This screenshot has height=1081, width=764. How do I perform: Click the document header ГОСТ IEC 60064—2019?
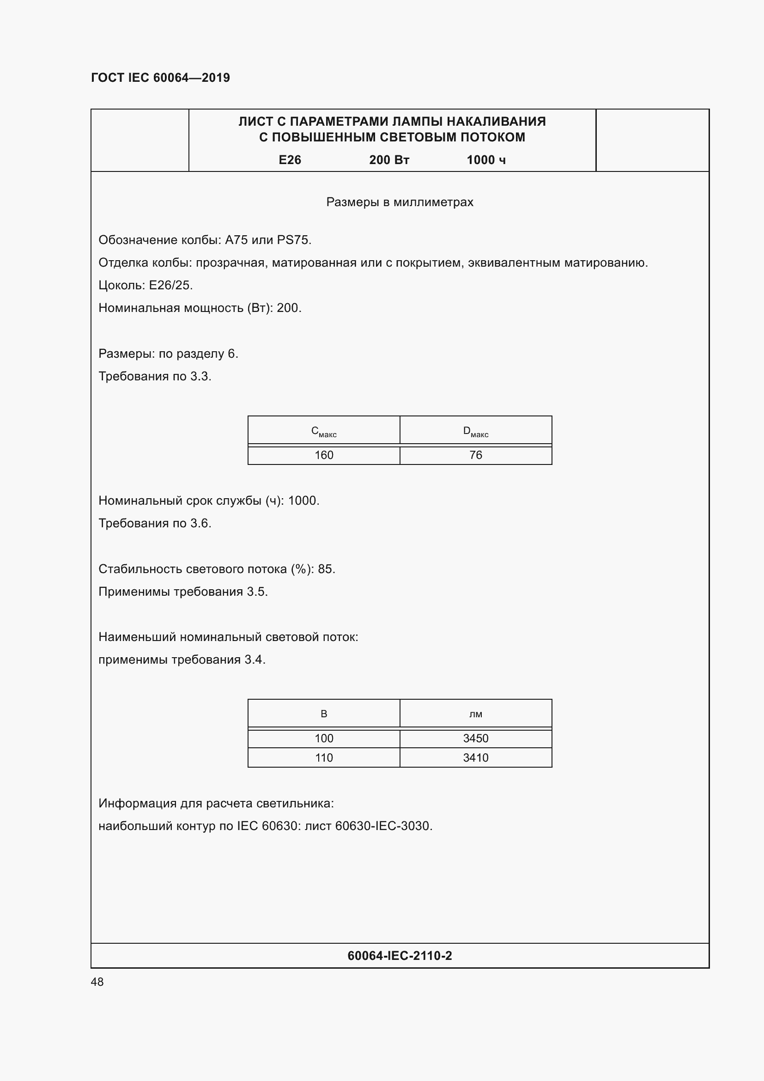pos(160,78)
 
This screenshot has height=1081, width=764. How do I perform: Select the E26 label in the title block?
pos(290,160)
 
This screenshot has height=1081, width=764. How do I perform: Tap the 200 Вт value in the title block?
pos(389,160)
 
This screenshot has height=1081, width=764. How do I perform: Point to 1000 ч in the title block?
pos(486,160)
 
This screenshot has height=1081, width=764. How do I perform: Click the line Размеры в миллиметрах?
pos(400,202)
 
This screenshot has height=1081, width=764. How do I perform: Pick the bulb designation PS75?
pos(294,240)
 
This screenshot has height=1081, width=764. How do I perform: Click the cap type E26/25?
pos(170,285)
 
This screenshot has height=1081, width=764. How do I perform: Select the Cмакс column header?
pos(324,431)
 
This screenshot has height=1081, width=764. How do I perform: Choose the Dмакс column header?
pos(476,431)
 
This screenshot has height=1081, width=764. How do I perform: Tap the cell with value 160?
pos(324,455)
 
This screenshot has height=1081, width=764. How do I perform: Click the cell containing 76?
pos(476,455)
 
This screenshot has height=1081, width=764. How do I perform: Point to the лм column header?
pos(476,714)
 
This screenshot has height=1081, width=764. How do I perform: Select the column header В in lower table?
pos(324,714)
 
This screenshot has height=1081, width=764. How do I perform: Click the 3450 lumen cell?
pos(476,738)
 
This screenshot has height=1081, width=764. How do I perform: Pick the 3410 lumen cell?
pos(476,757)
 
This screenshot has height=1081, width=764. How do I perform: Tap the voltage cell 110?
pos(324,757)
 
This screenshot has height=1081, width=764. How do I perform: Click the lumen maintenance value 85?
pos(325,569)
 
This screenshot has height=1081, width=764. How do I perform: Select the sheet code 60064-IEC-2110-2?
pos(400,955)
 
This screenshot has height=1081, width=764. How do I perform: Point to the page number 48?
pos(97,982)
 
